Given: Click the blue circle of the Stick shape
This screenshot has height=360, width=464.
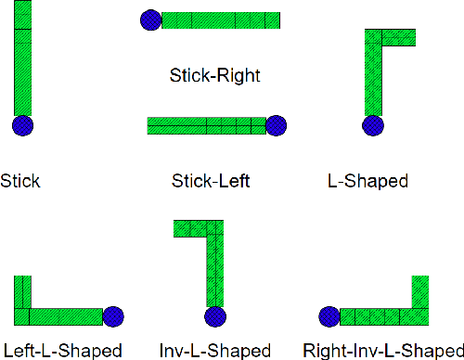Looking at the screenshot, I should [x=23, y=125].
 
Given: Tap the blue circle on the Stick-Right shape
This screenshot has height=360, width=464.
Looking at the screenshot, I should [x=150, y=19].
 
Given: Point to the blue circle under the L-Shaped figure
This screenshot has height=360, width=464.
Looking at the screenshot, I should [x=373, y=126].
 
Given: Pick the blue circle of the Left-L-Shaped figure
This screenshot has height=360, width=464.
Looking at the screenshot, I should [x=113, y=317].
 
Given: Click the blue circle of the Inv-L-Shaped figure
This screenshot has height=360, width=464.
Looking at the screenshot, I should [x=215, y=317].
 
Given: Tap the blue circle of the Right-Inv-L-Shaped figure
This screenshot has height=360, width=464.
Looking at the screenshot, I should [x=329, y=317].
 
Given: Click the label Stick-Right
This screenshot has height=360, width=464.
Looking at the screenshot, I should [x=214, y=75].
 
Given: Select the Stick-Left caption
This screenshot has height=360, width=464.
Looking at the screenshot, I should [x=211, y=180].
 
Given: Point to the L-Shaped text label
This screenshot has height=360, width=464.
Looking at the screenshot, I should [x=368, y=180].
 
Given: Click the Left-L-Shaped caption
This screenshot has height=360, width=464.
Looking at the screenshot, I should [x=62, y=351].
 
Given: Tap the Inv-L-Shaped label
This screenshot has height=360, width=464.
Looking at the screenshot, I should [x=215, y=351].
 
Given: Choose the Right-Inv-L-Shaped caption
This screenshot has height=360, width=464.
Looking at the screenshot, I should [x=383, y=351].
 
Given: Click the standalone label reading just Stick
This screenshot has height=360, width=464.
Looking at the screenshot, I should [x=20, y=180].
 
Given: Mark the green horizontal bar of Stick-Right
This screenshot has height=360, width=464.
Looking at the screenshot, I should [x=221, y=19].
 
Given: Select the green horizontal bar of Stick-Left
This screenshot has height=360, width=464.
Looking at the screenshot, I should [x=206, y=125].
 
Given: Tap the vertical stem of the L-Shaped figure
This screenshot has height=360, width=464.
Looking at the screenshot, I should [x=373, y=79].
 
